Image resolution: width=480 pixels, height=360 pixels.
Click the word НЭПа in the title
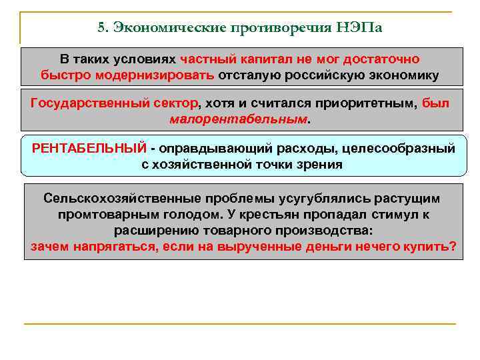[361, 29]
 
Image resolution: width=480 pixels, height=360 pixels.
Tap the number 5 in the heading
[101, 29]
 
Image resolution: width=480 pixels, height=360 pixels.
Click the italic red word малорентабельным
[238, 119]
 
